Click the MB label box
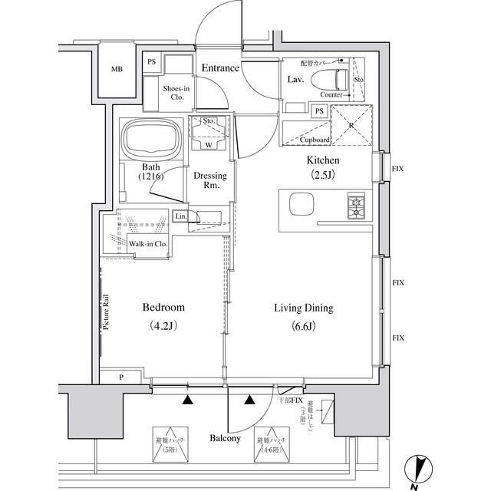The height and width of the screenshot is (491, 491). [117, 70]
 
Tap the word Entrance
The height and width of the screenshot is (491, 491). [220, 69]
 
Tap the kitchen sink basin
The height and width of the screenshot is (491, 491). [302, 206]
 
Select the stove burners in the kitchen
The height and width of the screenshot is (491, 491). [356, 206]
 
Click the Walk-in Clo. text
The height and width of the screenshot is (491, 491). [148, 244]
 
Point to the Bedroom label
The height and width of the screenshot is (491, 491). [163, 308]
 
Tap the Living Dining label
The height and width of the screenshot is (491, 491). [304, 308]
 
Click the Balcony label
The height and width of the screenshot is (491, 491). [226, 439]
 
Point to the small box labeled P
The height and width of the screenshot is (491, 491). [120, 377]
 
